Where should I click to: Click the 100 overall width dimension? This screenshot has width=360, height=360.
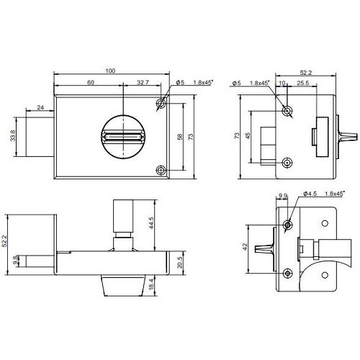pyautogui.click(x=110, y=71)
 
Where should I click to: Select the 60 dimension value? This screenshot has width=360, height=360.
pyautogui.click(x=91, y=82)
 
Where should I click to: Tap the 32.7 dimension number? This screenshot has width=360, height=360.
pyautogui.click(x=143, y=82)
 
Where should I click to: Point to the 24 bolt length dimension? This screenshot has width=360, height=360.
pyautogui.click(x=40, y=107)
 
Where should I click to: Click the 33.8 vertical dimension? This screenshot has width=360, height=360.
pyautogui.click(x=13, y=135)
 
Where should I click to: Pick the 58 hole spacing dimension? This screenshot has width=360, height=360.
pyautogui.click(x=180, y=137)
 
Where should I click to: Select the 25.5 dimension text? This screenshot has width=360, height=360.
pyautogui.click(x=302, y=83)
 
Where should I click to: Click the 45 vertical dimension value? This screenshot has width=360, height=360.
pyautogui.click(x=248, y=135)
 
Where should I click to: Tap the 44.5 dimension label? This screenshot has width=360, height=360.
pyautogui.click(x=150, y=223)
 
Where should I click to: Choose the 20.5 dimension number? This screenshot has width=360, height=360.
pyautogui.click(x=180, y=262)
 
